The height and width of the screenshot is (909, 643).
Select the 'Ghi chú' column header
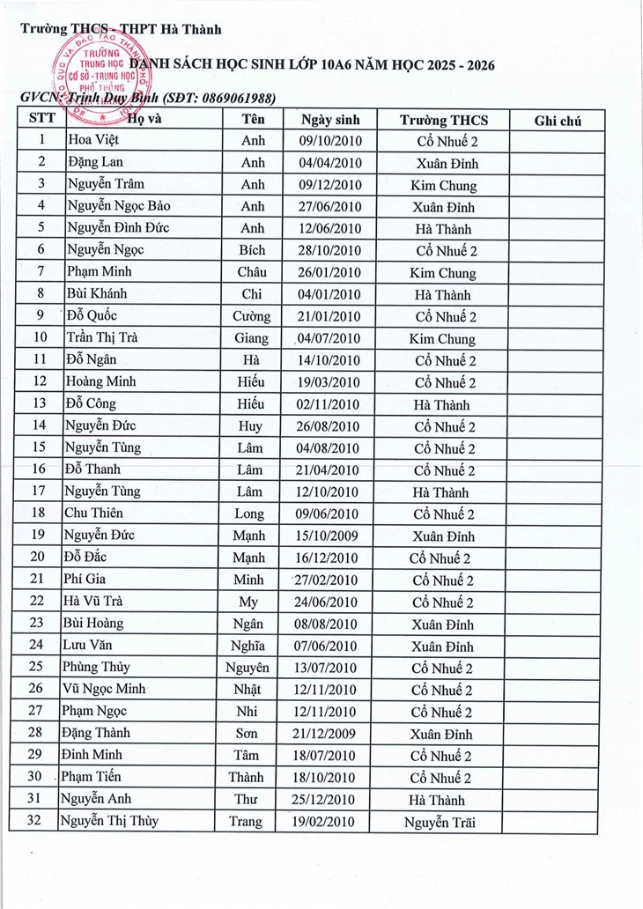click(557, 121)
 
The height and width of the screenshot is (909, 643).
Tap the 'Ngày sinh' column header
click(328, 121)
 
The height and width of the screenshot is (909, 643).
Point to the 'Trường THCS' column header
click(443, 121)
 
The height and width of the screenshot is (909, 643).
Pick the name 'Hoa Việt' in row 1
click(93, 141)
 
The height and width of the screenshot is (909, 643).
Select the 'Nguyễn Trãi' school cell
click(440, 823)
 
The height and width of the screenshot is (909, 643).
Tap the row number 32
click(37, 821)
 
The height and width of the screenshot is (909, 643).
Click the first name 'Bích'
click(252, 251)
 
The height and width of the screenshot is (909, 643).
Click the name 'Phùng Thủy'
click(98, 668)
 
